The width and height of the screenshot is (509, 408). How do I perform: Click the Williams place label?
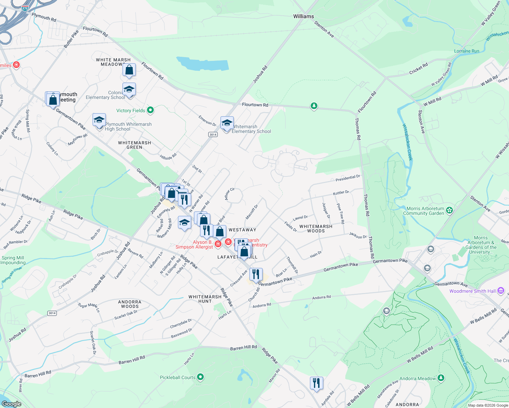(303, 16)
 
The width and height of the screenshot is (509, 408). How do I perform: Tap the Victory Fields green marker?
(150, 110)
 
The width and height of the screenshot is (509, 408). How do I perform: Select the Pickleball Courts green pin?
(200, 377)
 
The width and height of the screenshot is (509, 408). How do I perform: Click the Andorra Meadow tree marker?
(441, 378)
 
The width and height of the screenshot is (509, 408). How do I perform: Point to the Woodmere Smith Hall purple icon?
(500, 291)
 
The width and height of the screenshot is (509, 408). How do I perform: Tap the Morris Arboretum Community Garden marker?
(449, 210)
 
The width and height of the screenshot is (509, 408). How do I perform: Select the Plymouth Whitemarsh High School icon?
(99, 120)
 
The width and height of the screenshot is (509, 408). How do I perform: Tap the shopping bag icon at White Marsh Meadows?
(129, 70)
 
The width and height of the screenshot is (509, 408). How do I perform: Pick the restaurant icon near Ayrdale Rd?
(316, 383)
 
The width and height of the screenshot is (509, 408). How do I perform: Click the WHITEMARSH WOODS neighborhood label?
(316, 228)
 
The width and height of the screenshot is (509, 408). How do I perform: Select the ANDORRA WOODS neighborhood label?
(130, 304)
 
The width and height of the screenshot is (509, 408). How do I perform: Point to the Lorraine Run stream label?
(466, 51)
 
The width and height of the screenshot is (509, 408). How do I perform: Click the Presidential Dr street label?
(348, 178)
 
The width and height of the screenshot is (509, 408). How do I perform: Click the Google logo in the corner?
(11, 404)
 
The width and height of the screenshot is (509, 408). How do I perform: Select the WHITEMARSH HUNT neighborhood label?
(205, 299)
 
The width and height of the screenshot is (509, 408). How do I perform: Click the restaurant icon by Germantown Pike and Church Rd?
(256, 274)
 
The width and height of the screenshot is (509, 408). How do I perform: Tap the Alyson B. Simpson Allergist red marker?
(218, 244)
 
